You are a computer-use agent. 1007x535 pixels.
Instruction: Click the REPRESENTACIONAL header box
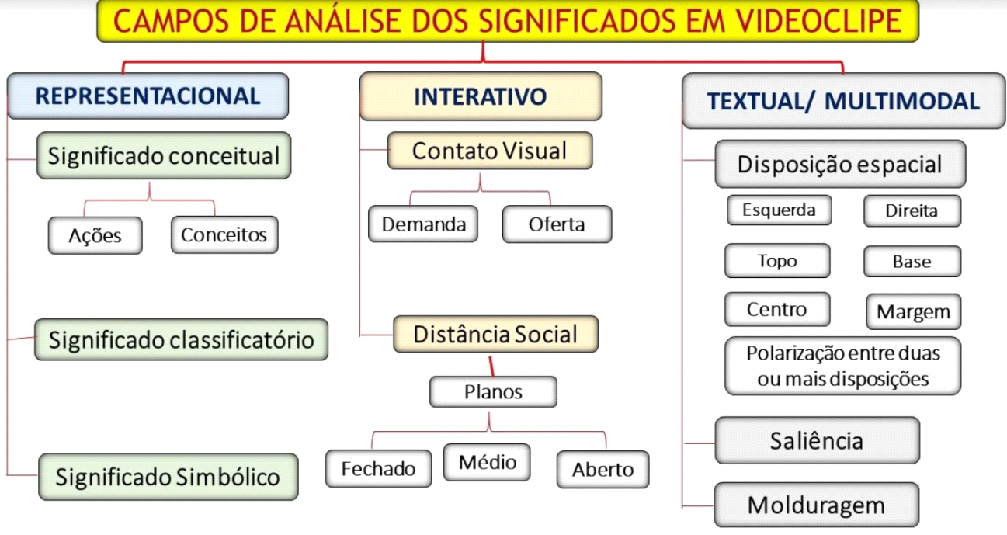point(148,96)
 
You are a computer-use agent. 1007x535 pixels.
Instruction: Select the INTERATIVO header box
point(481,96)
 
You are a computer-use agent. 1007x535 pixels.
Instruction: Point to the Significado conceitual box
point(163,156)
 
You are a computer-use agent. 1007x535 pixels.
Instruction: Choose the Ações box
point(95,235)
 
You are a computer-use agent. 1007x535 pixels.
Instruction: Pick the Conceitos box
point(224,234)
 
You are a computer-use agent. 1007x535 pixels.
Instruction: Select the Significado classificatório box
point(181,339)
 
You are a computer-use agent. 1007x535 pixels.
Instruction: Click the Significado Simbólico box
point(167,476)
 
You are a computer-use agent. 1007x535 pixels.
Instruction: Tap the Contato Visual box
point(489,151)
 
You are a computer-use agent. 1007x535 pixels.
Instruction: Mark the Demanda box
point(423,224)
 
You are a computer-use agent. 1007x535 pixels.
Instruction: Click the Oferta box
point(557,224)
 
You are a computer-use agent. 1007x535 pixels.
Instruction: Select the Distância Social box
point(495,335)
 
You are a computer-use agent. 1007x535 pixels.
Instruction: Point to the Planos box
point(493,392)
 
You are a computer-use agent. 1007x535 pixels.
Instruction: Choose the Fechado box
point(378,469)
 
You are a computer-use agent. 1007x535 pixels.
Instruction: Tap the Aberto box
point(602,470)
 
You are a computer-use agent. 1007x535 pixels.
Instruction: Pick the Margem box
point(913,312)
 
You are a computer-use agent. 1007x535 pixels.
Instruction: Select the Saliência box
point(817,441)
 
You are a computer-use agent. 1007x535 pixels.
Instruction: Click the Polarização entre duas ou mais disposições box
point(842,366)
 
